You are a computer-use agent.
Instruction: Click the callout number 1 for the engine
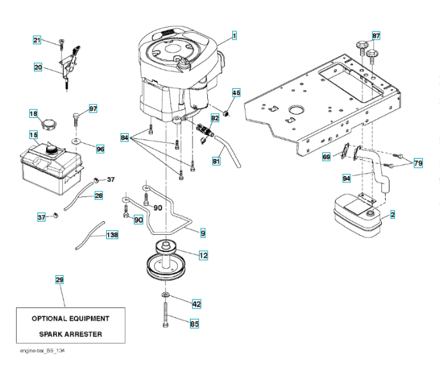tap(234, 36)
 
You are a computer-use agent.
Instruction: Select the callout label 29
tap(59, 280)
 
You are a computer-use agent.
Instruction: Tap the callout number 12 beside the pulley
tap(203, 255)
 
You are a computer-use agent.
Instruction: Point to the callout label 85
tap(194, 324)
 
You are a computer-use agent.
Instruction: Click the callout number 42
tap(196, 304)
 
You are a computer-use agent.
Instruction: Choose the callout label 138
tap(112, 235)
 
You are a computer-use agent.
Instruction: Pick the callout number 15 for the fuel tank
tap(33, 135)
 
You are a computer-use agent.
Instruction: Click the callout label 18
tap(33, 113)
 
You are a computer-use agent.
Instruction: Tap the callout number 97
tap(93, 109)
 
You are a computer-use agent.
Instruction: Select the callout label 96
tap(100, 148)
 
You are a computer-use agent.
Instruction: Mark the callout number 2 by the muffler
tap(392, 215)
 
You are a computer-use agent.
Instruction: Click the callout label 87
tap(376, 35)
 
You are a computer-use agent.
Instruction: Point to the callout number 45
tap(235, 93)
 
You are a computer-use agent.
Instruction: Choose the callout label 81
tap(216, 161)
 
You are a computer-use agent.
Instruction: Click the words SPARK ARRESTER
tap(70, 334)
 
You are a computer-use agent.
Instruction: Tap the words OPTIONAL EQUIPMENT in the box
tap(70, 318)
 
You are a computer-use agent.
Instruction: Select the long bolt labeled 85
tap(166, 317)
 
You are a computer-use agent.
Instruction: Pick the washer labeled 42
tap(165, 294)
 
